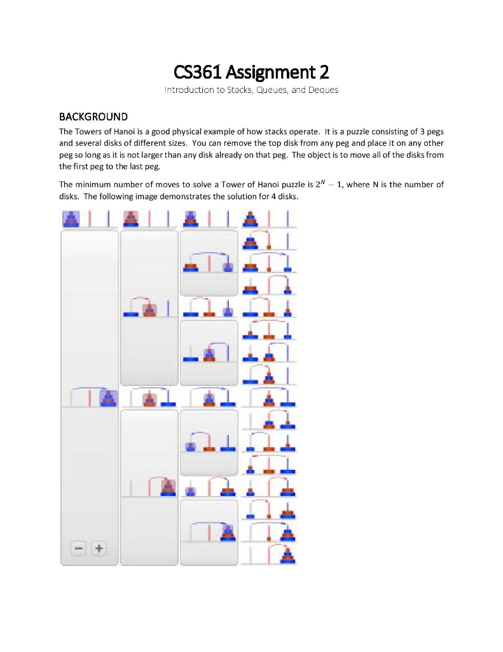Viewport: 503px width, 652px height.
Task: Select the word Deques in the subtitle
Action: pos(324,90)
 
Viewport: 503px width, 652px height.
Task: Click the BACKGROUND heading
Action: pos(93,117)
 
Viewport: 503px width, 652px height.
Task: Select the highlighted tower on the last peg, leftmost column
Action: pos(109,399)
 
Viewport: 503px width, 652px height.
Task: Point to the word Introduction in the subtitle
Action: pos(187,90)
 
